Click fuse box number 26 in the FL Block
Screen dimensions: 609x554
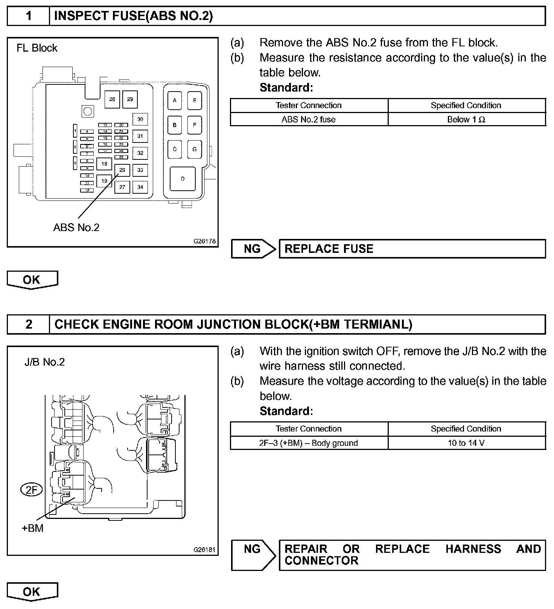click(x=122, y=170)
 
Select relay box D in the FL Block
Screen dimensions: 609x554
click(x=183, y=179)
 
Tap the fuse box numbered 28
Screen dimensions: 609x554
click(x=112, y=99)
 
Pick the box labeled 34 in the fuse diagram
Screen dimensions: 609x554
click(x=140, y=187)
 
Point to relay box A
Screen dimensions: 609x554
click(x=175, y=100)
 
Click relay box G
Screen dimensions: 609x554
click(x=195, y=149)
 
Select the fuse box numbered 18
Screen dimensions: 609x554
click(x=104, y=164)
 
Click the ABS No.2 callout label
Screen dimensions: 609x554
click(x=76, y=228)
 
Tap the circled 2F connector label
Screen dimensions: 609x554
click(x=32, y=490)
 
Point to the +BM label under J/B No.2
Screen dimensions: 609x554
click(x=33, y=528)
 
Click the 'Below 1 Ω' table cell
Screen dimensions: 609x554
click(x=466, y=119)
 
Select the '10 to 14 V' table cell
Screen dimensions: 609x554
click(x=466, y=443)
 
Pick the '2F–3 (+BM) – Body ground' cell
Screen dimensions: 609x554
click(x=309, y=443)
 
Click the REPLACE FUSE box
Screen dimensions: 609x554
click(x=412, y=249)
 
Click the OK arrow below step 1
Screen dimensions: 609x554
click(x=32, y=280)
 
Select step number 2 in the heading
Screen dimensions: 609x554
click(x=29, y=324)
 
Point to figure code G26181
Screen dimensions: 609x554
click(x=205, y=550)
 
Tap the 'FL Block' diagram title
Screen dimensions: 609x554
click(x=37, y=48)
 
